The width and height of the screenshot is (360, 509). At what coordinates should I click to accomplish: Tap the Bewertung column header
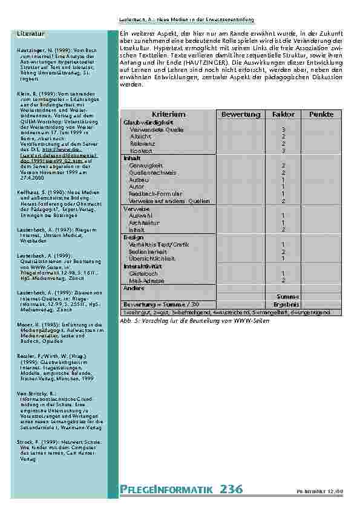(x=240, y=114)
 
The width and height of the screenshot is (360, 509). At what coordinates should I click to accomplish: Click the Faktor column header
(x=283, y=114)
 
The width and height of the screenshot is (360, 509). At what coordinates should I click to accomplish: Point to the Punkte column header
(x=321, y=114)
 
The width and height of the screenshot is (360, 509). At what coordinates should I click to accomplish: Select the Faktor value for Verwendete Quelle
(x=283, y=129)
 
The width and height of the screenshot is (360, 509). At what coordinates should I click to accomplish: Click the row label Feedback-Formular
(x=155, y=194)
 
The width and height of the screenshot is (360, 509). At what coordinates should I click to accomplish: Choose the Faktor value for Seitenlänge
(x=283, y=251)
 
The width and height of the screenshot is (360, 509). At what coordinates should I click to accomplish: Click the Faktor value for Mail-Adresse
(x=283, y=280)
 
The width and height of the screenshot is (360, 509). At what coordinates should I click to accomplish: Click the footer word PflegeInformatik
(x=164, y=490)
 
